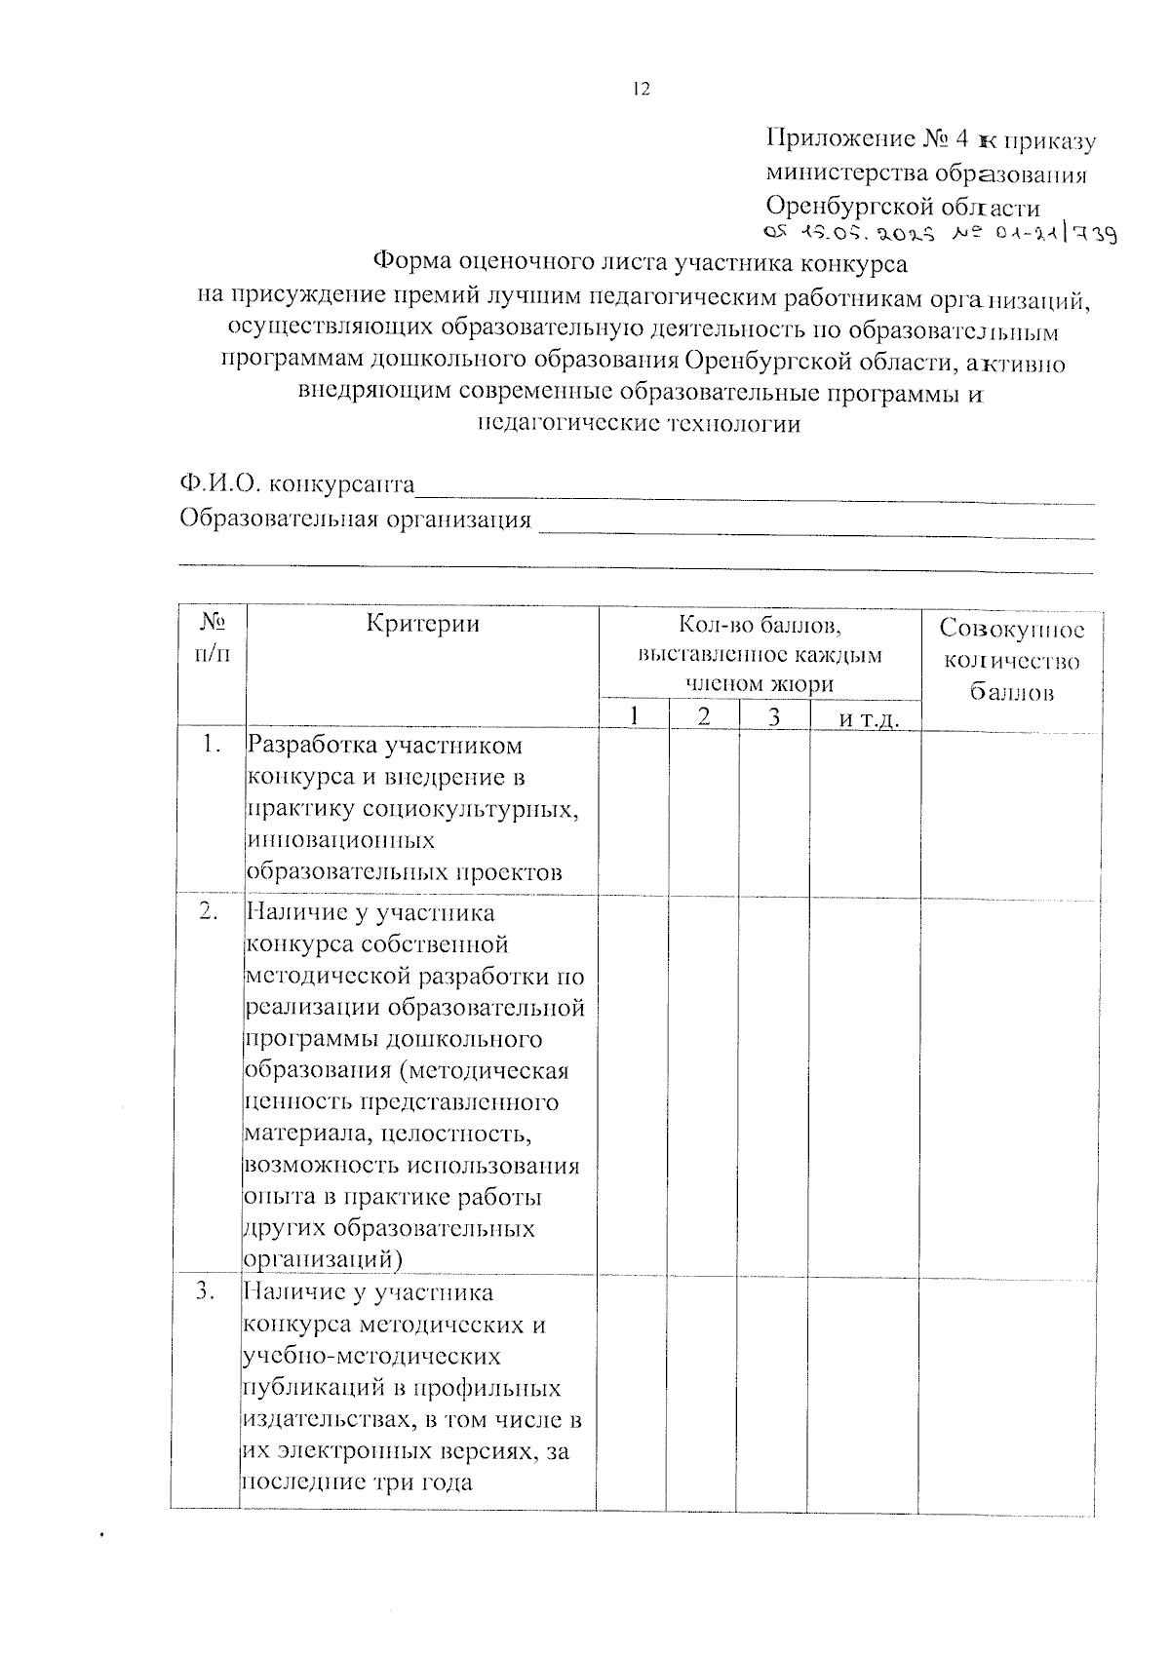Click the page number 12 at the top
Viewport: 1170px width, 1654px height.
click(x=640, y=89)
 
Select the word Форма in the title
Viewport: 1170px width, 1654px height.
click(x=414, y=263)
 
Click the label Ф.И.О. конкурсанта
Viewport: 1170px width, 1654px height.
click(x=297, y=484)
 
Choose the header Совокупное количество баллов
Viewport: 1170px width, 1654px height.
click(x=1010, y=661)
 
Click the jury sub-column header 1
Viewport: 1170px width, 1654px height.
click(x=634, y=716)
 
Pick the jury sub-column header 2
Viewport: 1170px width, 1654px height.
click(x=704, y=716)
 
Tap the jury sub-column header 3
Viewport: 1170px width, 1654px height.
click(x=774, y=716)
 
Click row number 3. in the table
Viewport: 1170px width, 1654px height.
click(x=206, y=1292)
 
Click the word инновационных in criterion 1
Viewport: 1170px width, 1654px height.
click(x=340, y=840)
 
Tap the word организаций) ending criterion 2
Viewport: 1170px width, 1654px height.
click(x=324, y=1258)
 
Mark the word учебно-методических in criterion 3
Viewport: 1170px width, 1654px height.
click(x=371, y=1356)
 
